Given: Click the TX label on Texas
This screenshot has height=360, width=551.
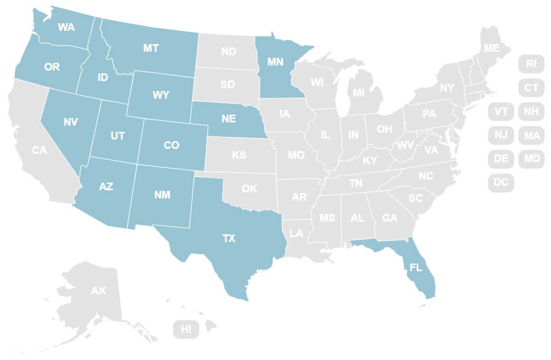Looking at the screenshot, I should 229,238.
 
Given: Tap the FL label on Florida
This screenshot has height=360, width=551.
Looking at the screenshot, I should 415,268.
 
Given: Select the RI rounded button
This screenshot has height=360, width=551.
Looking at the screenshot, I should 531,63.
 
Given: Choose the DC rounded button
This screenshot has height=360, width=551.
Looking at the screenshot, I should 501,182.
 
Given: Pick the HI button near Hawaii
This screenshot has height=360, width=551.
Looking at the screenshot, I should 186,330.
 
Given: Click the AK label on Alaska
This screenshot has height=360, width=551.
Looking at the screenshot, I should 99,291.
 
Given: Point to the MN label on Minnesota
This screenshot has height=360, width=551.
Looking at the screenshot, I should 275,62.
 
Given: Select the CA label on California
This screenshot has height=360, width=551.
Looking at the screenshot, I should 39,149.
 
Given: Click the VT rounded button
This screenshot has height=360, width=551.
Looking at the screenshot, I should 501,111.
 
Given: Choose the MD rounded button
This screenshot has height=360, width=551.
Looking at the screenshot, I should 531,159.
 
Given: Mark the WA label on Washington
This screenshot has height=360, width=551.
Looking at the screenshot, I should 66,26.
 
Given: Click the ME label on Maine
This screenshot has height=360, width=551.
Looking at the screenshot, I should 491,49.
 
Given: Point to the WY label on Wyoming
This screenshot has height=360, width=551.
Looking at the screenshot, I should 161,95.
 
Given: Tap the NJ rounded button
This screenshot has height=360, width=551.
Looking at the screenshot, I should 501,135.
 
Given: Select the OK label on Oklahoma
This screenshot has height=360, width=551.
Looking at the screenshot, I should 250,189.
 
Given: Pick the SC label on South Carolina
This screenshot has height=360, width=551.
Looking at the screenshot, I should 415,197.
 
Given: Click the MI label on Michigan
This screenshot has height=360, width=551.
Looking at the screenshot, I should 359,93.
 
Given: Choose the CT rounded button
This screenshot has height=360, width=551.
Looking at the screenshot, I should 531,88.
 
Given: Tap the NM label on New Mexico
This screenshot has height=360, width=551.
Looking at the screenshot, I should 163,195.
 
